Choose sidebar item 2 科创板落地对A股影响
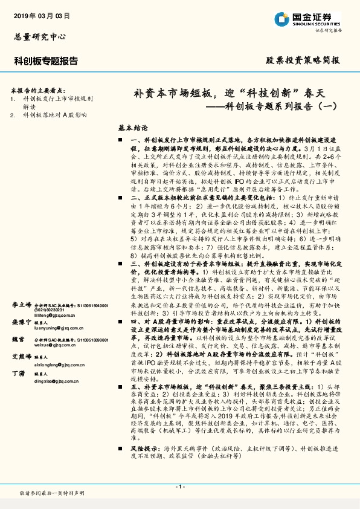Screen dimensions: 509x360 (x=54, y=114)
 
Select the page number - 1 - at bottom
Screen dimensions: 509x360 (x=179, y=486)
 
